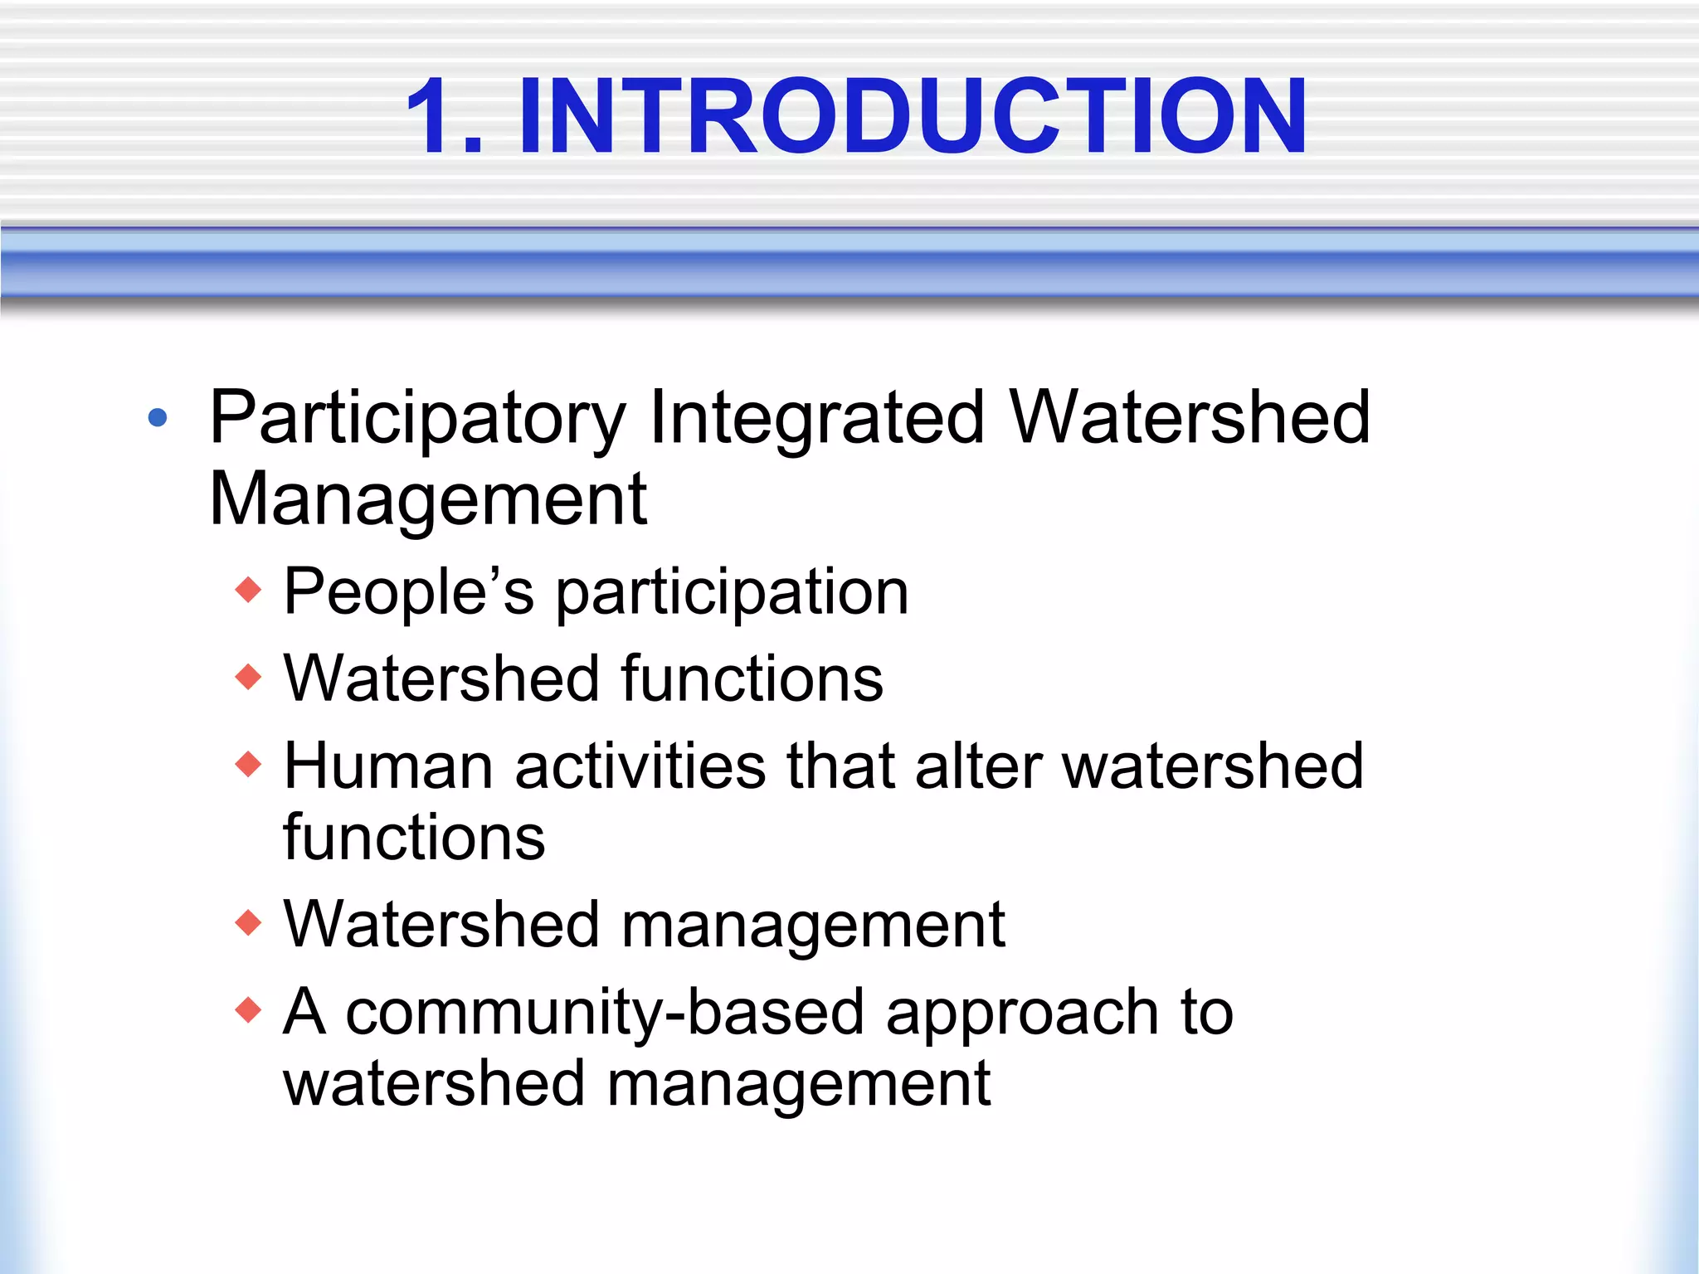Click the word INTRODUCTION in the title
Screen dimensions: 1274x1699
[913, 116]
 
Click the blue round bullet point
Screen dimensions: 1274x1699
[157, 417]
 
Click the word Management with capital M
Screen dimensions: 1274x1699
[428, 499]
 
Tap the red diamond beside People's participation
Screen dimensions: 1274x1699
[248, 591]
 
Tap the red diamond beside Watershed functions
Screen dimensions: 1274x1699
[248, 678]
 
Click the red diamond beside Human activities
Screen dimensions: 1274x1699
[248, 764]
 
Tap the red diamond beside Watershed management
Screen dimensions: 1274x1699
[248, 922]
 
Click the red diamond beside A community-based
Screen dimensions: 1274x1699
[248, 1010]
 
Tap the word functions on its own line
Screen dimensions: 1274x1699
[414, 838]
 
